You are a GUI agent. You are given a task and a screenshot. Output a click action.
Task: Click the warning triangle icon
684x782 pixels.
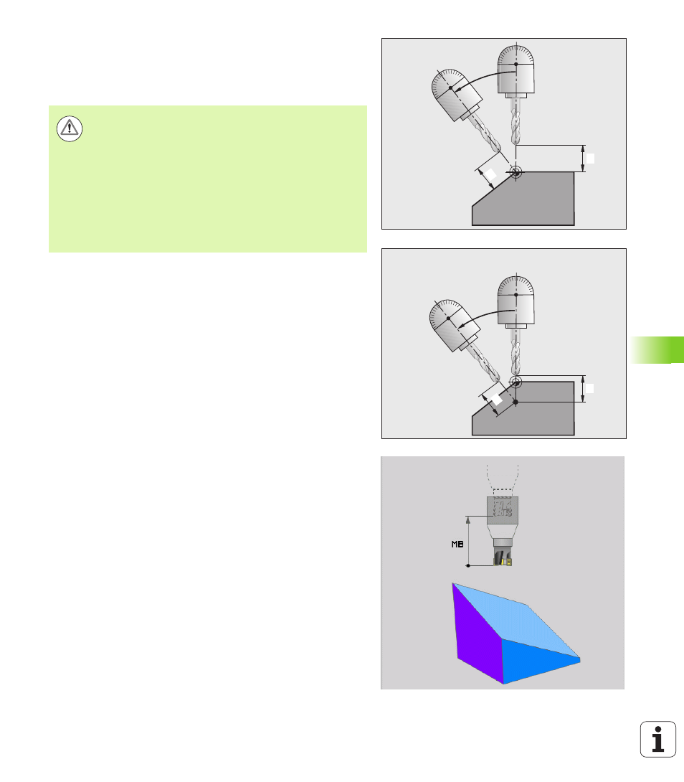pyautogui.click(x=70, y=128)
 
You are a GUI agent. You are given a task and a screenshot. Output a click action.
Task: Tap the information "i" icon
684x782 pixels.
pyautogui.click(x=658, y=739)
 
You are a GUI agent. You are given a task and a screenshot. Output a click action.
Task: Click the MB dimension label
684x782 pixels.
pyautogui.click(x=457, y=544)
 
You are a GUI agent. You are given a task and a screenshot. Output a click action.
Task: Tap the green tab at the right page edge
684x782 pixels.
pyautogui.click(x=657, y=349)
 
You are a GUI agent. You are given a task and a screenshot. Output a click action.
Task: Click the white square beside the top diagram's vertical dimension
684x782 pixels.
pyautogui.click(x=590, y=159)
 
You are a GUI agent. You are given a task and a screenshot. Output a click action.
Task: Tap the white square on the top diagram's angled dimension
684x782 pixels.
pyautogui.click(x=491, y=174)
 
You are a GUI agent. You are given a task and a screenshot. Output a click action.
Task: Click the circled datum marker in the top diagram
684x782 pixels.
pyautogui.click(x=516, y=173)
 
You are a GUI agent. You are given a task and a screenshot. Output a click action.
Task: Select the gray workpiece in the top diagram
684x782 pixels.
pyautogui.click(x=523, y=199)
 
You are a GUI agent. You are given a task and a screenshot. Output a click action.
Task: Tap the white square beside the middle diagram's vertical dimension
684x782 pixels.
pyautogui.click(x=589, y=389)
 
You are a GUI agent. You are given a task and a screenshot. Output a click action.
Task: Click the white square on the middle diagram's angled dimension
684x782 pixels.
pyautogui.click(x=497, y=399)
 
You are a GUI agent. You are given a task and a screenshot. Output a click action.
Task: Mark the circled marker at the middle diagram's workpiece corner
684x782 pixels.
pyautogui.click(x=516, y=382)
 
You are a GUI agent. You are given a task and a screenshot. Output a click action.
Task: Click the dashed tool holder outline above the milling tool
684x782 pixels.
pyautogui.click(x=503, y=480)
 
